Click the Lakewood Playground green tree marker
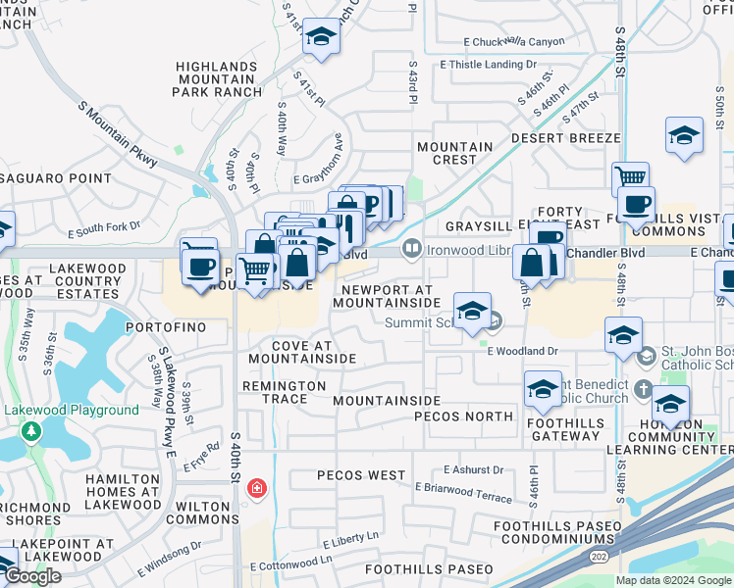(31, 430)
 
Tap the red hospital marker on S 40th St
(257, 487)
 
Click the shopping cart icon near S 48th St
(631, 179)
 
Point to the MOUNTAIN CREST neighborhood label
(454, 153)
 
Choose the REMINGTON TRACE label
(285, 393)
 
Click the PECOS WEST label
(361, 475)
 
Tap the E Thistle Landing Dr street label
(489, 65)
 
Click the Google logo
(33, 576)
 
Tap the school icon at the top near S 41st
(320, 37)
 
